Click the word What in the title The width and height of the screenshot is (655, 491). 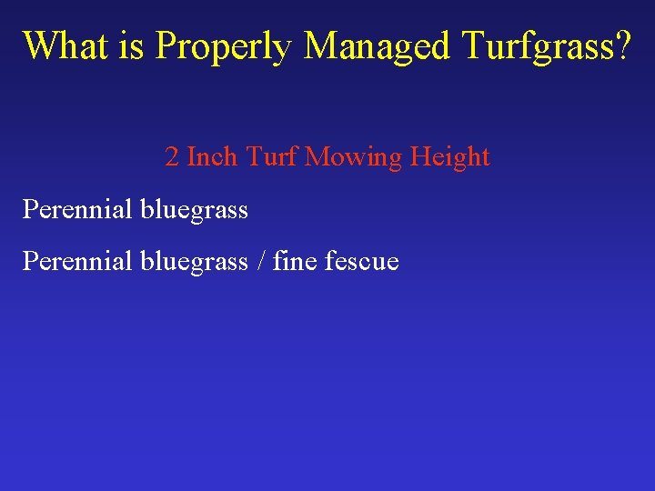[67, 45]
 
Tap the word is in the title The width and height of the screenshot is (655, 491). [136, 45]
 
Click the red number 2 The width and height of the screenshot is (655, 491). [172, 157]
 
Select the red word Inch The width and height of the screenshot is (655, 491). [212, 157]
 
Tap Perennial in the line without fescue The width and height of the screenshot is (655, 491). [77, 210]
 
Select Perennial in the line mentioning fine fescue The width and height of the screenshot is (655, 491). [77, 262]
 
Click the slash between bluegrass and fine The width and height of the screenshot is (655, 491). [261, 262]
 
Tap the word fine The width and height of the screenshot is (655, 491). [297, 262]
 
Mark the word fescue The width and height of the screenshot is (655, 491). [365, 262]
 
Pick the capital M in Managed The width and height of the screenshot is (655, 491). [322, 45]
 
